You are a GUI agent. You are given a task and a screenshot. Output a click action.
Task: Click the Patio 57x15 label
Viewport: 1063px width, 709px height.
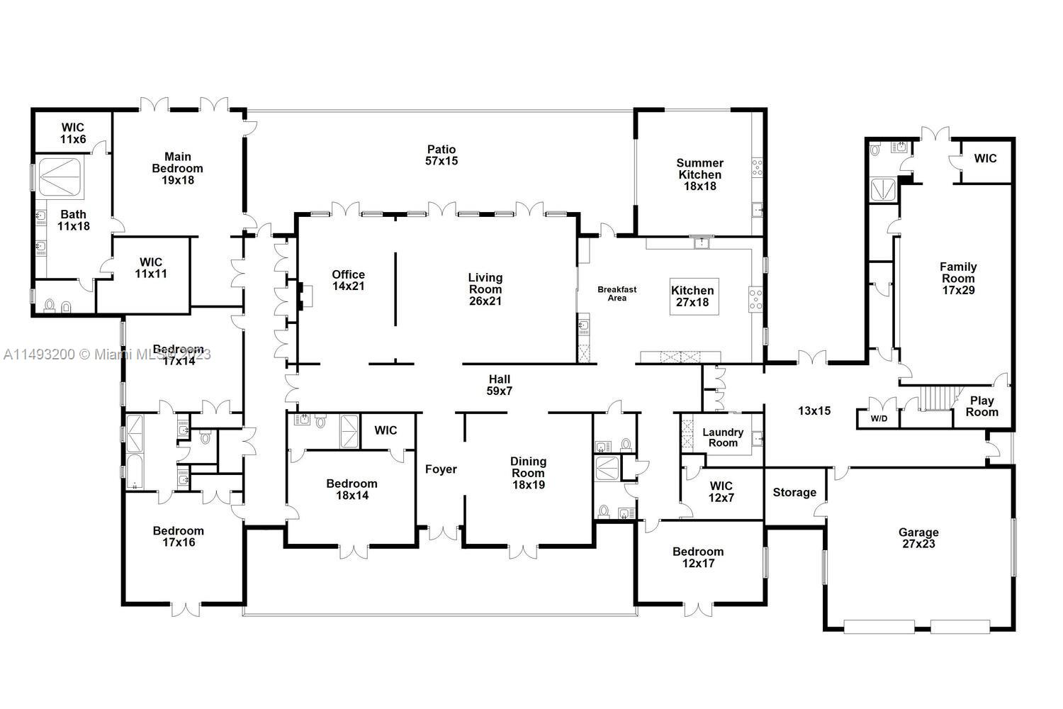pyautogui.click(x=442, y=155)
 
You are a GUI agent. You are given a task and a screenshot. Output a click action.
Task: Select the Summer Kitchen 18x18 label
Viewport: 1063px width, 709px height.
pyautogui.click(x=699, y=174)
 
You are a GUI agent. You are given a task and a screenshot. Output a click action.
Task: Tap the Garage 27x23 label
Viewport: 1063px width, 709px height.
pyautogui.click(x=918, y=538)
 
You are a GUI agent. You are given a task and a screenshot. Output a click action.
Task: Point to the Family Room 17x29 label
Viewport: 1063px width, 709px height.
pyautogui.click(x=958, y=278)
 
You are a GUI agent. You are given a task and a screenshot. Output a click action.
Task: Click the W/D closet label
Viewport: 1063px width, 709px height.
pyautogui.click(x=879, y=418)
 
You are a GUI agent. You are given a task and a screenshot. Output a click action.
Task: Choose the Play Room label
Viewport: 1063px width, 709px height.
pyautogui.click(x=982, y=406)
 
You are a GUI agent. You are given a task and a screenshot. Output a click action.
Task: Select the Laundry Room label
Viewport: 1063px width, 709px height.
pyautogui.click(x=723, y=437)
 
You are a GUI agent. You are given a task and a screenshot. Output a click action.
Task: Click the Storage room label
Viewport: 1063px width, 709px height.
pyautogui.click(x=794, y=492)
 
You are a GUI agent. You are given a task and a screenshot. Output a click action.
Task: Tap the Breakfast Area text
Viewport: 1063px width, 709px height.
pyautogui.click(x=617, y=294)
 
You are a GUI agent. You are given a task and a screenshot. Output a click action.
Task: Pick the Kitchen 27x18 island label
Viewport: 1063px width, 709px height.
pyautogui.click(x=693, y=296)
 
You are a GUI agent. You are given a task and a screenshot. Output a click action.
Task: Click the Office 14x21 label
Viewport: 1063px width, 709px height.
pyautogui.click(x=348, y=280)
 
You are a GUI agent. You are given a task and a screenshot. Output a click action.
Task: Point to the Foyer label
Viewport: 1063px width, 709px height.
pyautogui.click(x=441, y=469)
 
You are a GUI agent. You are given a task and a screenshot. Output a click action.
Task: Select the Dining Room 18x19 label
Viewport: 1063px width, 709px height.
pyautogui.click(x=528, y=473)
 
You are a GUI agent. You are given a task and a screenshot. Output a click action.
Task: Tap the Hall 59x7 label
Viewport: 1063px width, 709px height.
pyautogui.click(x=499, y=385)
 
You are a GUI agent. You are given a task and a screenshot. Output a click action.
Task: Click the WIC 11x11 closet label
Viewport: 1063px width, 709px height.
pyautogui.click(x=151, y=267)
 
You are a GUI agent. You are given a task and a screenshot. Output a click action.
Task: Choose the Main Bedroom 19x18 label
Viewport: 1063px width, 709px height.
pyautogui.click(x=177, y=168)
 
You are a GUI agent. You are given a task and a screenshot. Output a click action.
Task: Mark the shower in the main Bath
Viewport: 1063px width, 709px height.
pyautogui.click(x=61, y=177)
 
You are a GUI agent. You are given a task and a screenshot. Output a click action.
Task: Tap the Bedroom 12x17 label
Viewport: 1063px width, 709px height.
pyautogui.click(x=698, y=557)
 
